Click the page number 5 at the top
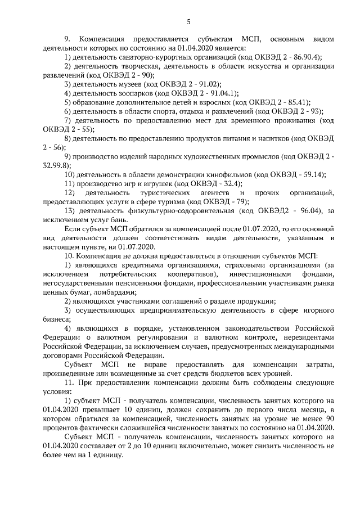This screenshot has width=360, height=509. (x=188, y=22)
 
